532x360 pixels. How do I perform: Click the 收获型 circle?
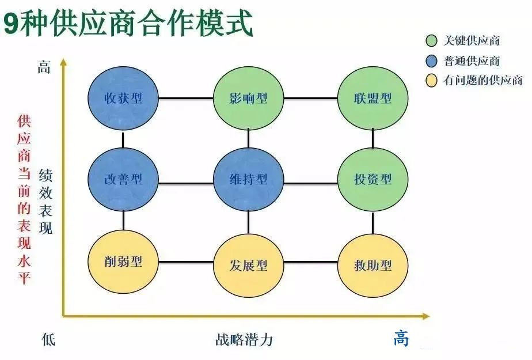pos(123,98)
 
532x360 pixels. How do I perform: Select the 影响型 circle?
pos(248,98)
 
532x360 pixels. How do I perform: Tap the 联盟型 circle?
pos(373,98)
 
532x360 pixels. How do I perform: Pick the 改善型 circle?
pos(123,179)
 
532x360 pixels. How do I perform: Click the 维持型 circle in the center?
pos(248,179)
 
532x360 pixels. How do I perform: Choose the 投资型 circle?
pos(373,179)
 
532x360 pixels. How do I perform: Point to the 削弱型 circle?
pos(123,262)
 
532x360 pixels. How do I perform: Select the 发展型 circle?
pos(248,266)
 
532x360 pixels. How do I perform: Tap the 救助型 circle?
pos(373,266)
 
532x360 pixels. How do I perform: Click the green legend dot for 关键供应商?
pos(432,41)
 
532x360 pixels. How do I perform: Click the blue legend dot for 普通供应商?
pos(432,61)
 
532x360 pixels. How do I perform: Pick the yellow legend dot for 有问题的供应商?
pos(432,81)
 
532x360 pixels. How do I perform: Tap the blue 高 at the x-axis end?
pos(401,338)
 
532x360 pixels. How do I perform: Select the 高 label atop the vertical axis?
pos(44,67)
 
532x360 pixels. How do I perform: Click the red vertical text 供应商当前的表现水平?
pos(24,199)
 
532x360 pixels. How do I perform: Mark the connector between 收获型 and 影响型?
pos(185,98)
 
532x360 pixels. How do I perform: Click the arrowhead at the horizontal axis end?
pos(425,316)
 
